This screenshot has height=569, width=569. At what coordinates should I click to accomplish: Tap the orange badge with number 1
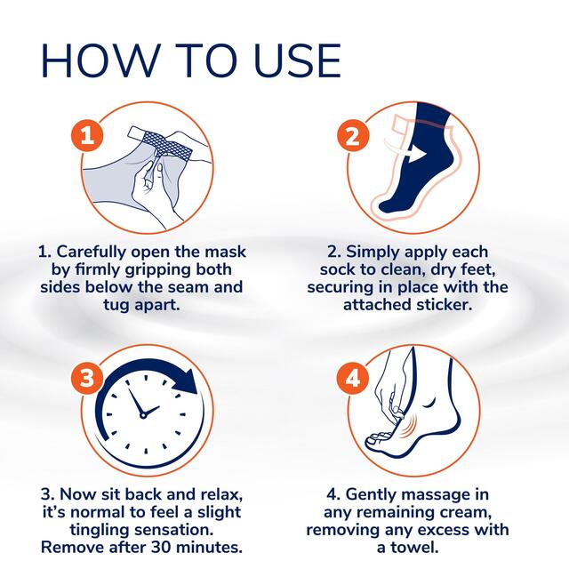coord(87,137)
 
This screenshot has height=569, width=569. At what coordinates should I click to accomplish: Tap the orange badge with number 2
coord(352,137)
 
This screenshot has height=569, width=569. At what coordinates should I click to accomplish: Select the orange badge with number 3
coord(87,378)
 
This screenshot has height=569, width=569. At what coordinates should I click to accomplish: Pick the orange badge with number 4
coord(352,378)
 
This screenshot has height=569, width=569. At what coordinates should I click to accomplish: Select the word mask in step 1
coord(218,252)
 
